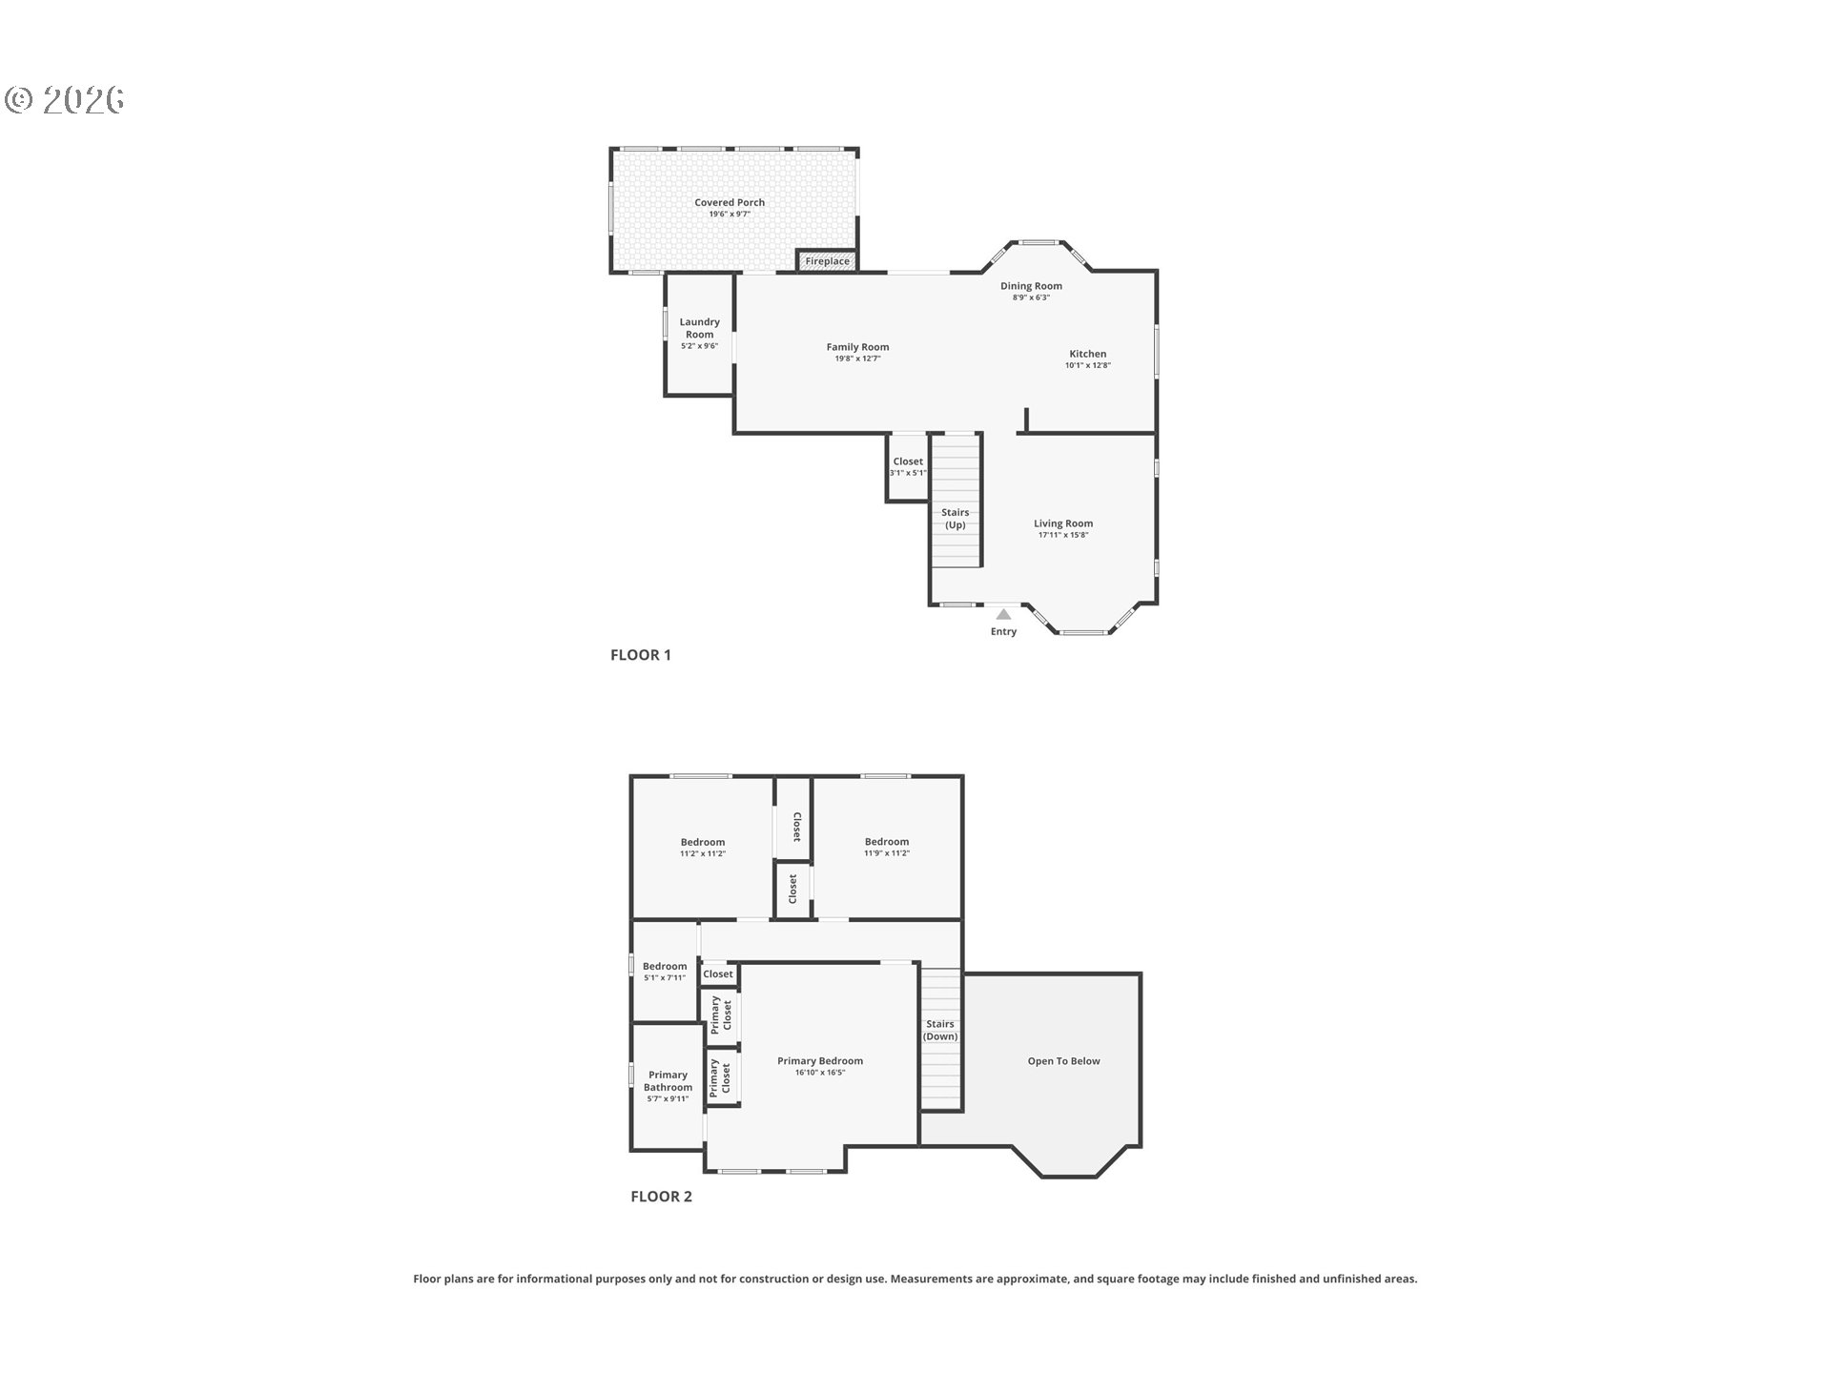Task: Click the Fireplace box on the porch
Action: coord(827,260)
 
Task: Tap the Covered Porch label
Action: coord(729,202)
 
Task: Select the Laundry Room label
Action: coord(699,328)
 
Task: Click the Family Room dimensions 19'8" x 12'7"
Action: coord(857,359)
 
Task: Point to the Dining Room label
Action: coord(1030,286)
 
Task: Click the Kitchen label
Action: coord(1087,354)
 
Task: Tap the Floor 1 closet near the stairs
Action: coord(908,466)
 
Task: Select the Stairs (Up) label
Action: coord(955,519)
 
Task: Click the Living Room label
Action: coord(1062,523)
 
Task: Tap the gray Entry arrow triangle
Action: coord(1003,615)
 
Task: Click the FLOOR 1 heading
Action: coord(640,655)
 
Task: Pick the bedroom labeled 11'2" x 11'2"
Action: coord(702,847)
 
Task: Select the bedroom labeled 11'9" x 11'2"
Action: coord(886,847)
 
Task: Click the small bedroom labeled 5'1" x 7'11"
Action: coord(664,971)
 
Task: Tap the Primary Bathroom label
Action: coord(667,1081)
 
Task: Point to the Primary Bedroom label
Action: coord(819,1061)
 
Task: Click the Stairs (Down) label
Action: coord(939,1030)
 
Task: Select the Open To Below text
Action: coord(1063,1061)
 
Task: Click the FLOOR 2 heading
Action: coord(661,1197)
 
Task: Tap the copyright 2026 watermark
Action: coord(65,99)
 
